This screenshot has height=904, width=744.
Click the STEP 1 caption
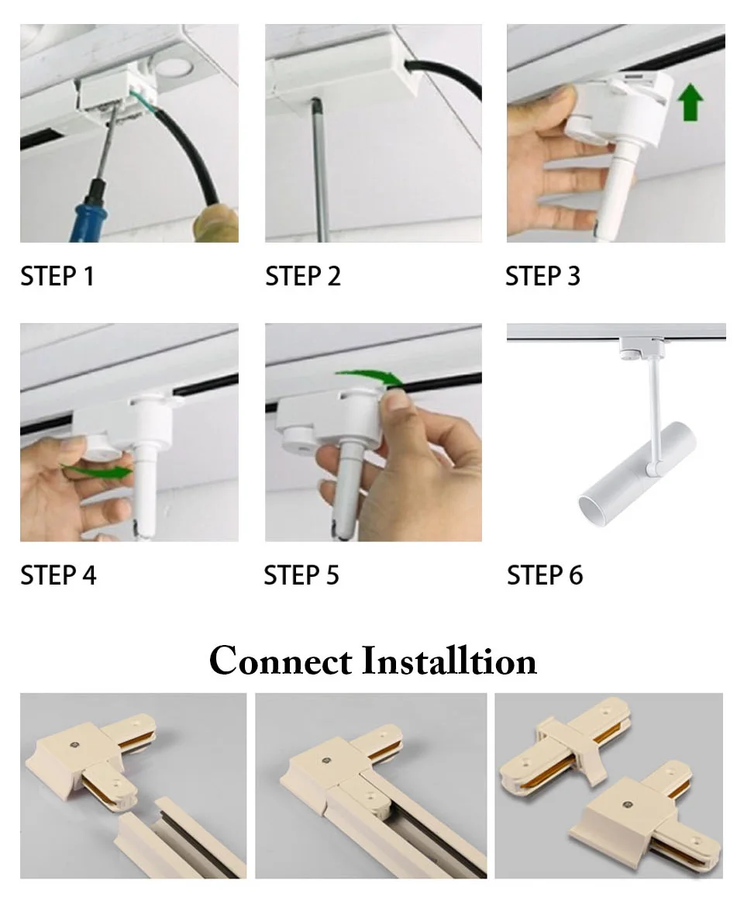[57, 276]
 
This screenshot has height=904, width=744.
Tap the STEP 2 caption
[302, 276]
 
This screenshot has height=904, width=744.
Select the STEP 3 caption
[542, 276]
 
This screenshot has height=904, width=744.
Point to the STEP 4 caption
[58, 575]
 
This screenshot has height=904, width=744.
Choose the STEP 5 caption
[301, 575]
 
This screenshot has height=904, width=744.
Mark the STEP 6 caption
[545, 575]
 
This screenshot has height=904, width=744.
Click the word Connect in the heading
[281, 661]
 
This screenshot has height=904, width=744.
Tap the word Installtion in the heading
[449, 661]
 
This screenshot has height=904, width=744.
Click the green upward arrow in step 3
[690, 102]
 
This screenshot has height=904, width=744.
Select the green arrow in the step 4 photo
[98, 471]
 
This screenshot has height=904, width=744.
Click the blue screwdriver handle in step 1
[89, 213]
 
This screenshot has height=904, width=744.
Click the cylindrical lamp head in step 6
[637, 474]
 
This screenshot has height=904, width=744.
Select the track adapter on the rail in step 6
[642, 347]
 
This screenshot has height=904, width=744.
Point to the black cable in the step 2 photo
[445, 75]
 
